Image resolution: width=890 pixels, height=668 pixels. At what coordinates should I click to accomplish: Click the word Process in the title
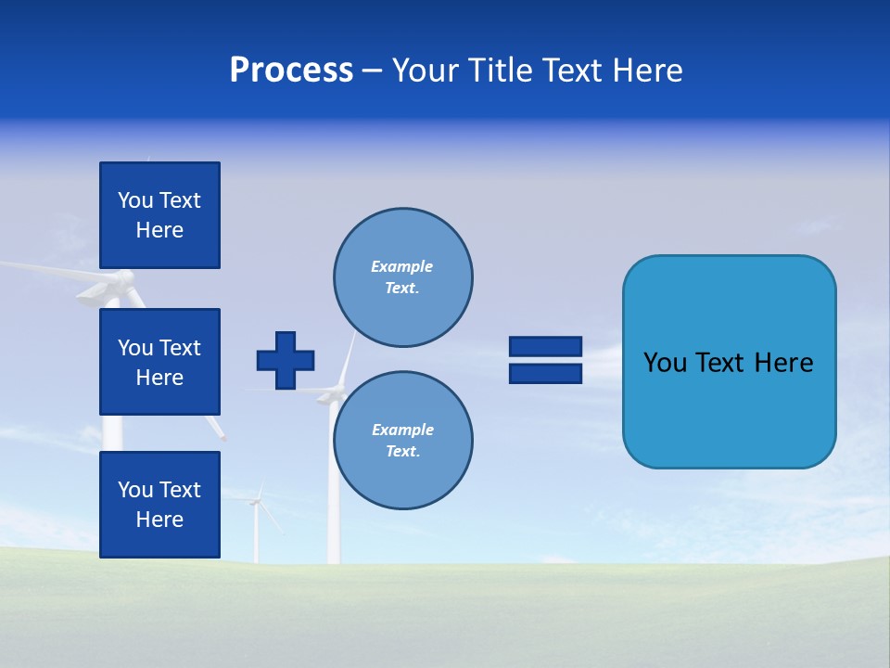(x=291, y=71)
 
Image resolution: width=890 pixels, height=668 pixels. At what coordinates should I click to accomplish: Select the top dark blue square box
(x=159, y=215)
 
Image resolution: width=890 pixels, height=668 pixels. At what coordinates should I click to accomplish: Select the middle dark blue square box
(x=159, y=362)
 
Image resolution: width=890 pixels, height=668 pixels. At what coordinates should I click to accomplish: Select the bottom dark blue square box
(x=159, y=505)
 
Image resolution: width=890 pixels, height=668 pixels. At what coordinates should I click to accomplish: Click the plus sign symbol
(x=286, y=360)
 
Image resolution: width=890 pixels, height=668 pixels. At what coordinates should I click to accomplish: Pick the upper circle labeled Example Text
(x=403, y=277)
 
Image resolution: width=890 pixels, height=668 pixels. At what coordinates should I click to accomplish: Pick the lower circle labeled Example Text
(x=403, y=441)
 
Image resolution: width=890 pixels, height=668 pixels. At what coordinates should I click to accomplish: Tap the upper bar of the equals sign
(x=545, y=347)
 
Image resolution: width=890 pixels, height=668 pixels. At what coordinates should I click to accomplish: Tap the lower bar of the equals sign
(x=545, y=373)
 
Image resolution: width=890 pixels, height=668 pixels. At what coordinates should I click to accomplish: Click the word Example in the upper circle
(x=401, y=266)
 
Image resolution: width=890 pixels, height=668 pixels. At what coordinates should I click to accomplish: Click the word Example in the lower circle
(x=402, y=430)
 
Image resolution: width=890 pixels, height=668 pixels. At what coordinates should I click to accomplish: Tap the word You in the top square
(x=135, y=200)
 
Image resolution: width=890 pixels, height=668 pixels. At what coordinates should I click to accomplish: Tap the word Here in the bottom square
(x=159, y=520)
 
